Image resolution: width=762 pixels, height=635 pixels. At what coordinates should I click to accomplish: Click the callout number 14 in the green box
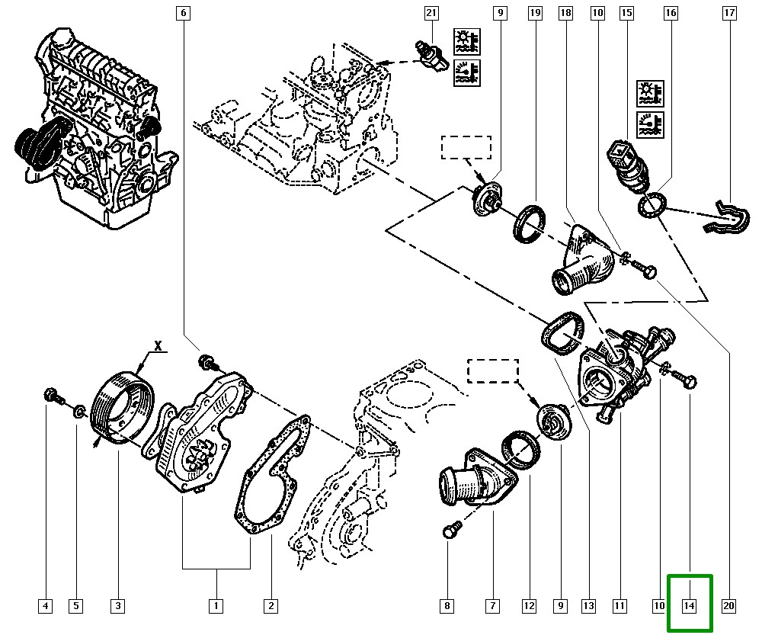pos(689,607)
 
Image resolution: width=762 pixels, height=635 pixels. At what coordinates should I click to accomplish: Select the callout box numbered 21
pos(432,13)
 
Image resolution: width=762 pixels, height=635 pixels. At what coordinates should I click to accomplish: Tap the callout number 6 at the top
pos(183,13)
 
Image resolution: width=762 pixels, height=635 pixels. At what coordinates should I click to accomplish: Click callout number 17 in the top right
pos(729,13)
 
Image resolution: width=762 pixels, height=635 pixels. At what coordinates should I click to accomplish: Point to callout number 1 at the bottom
pos(216,607)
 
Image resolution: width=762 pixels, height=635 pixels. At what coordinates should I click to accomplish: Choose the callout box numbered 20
pos(728,607)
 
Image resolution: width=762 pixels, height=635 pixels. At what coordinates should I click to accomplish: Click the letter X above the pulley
pos(158,345)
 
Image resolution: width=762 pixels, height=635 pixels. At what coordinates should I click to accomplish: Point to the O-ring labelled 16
pos(652,205)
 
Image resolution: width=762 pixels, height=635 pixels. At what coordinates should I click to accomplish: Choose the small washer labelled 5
pos(78,413)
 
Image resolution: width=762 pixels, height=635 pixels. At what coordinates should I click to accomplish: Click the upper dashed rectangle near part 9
pos(466,147)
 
